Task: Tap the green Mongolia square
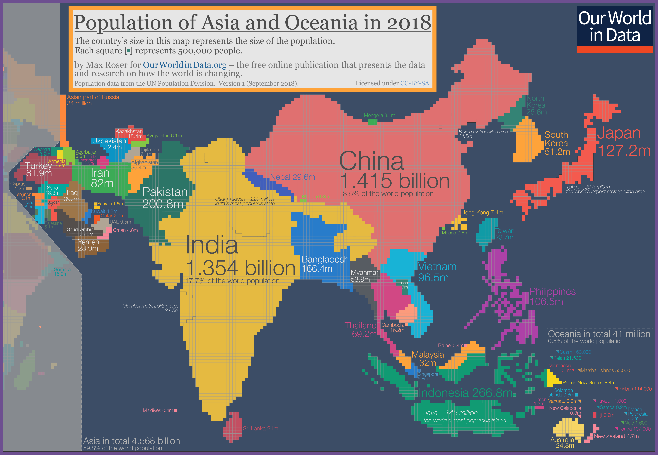(372, 122)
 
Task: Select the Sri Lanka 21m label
(260, 428)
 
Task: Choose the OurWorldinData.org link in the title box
(185, 65)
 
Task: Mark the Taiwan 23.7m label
(504, 234)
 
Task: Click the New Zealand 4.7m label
(616, 436)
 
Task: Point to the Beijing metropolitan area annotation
(483, 134)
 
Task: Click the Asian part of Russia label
(93, 100)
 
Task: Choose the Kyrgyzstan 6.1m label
(164, 136)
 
